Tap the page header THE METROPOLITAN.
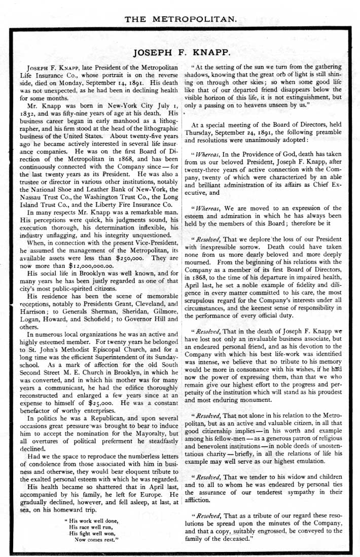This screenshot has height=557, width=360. click(x=181, y=19)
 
